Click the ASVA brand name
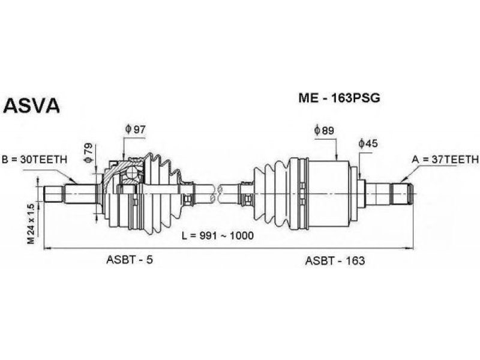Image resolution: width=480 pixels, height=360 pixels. point(31,106)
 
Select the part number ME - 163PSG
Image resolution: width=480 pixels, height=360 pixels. point(339,98)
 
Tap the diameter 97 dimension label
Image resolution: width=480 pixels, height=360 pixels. point(135,130)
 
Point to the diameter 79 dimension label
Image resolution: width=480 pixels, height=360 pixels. point(88,152)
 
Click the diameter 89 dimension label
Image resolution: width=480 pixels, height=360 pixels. point(324,131)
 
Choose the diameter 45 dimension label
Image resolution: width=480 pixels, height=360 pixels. point(368,143)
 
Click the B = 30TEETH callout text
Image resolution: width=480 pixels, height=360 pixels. point(35,160)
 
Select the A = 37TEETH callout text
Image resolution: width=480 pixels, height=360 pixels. point(445,159)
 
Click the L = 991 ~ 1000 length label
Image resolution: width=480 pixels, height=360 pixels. point(218,235)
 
